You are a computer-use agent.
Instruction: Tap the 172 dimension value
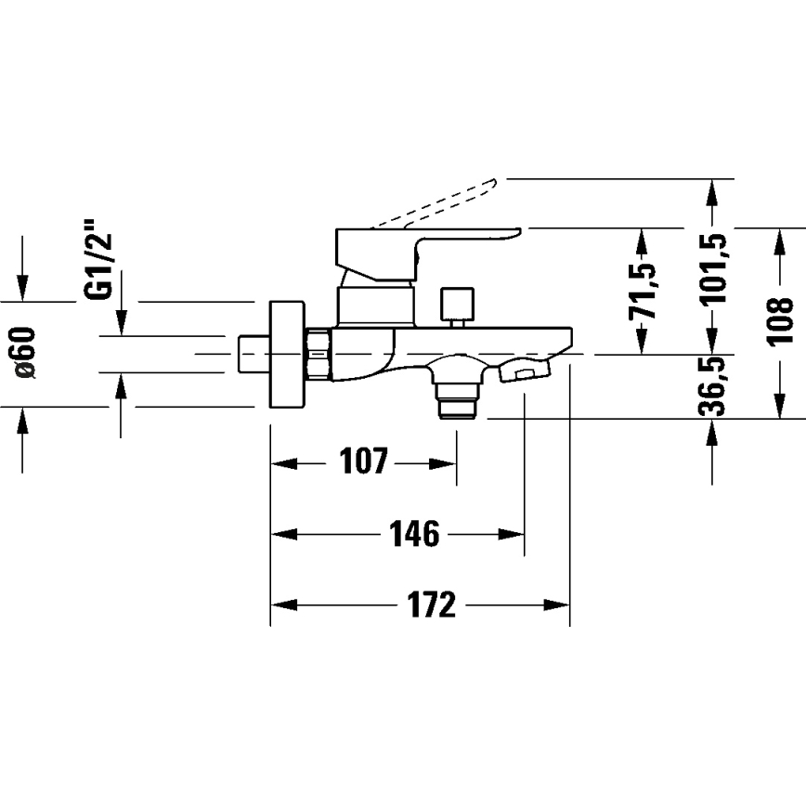[x=432, y=604]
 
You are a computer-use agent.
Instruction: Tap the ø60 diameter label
[x=24, y=354]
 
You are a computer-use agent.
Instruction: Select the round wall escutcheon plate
[x=287, y=354]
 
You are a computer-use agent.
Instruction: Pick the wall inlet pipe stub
[x=252, y=354]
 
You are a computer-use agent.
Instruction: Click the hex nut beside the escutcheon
[x=318, y=354]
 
